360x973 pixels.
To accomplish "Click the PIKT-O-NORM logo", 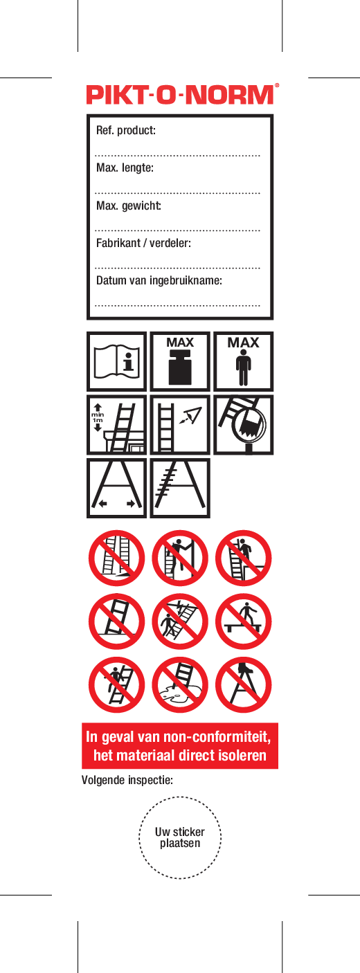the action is (180, 95).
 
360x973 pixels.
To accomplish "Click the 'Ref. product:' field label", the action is (125, 130).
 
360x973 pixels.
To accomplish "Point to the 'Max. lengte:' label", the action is (125, 167).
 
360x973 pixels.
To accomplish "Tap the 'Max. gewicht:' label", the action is (129, 206).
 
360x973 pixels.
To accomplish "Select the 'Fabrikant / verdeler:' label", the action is (143, 243).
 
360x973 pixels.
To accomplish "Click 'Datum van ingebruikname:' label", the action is (159, 280).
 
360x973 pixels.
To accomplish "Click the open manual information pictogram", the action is (116, 361).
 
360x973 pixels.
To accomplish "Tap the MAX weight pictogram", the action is (180, 361).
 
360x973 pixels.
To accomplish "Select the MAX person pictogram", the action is (244, 361).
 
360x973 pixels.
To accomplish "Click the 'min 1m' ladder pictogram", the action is (116, 425).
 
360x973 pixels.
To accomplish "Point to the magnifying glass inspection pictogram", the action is (244, 425).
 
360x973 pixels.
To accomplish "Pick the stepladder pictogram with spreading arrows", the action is (116, 489).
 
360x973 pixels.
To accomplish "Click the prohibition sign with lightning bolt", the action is (180, 621).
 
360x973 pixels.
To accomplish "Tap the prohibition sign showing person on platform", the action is (244, 621).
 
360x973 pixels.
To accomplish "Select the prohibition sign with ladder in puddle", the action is (180, 685).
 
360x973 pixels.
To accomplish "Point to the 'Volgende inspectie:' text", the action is (127, 780).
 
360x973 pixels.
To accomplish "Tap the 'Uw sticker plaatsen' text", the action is (180, 837).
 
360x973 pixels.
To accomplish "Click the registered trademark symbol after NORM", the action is (276, 86).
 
